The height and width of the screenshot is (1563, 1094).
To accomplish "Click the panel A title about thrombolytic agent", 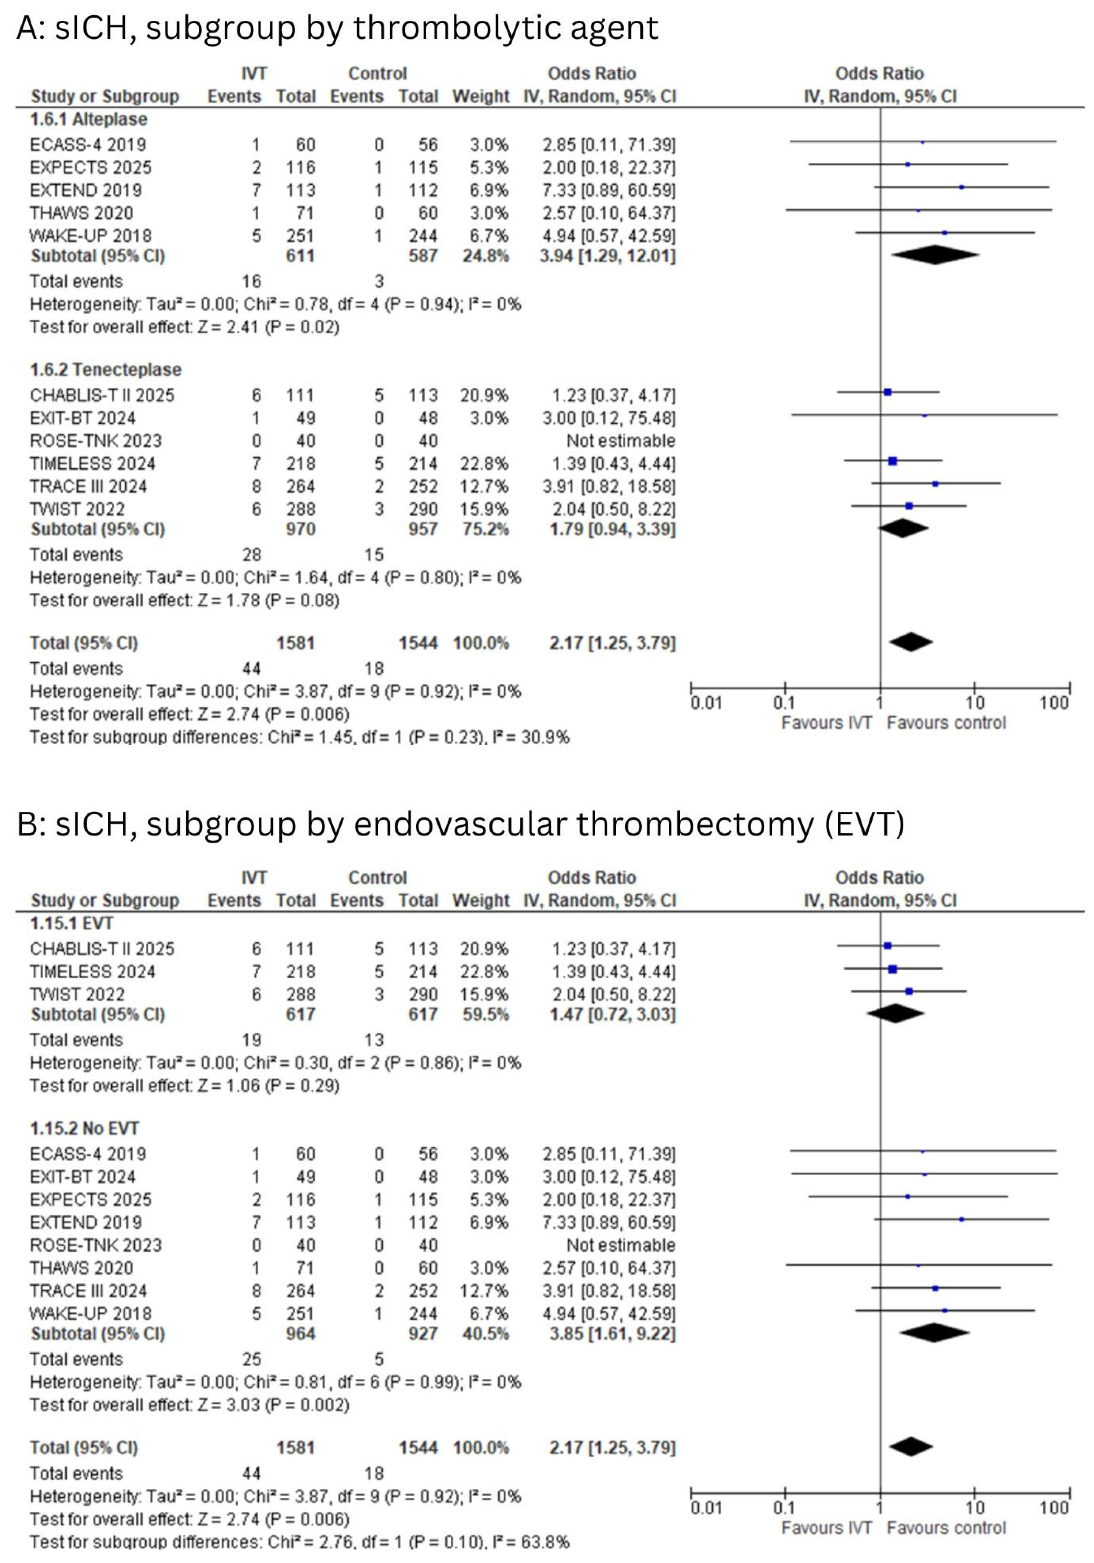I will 337,28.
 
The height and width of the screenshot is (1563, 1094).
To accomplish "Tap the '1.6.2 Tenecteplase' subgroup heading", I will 106,370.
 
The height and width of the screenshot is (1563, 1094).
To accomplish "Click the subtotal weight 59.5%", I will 485,1014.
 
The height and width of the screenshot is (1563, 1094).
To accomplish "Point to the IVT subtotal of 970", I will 300,529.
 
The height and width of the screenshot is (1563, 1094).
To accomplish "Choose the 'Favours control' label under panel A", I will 946,723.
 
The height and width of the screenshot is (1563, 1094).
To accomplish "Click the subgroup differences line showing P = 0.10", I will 300,1541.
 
